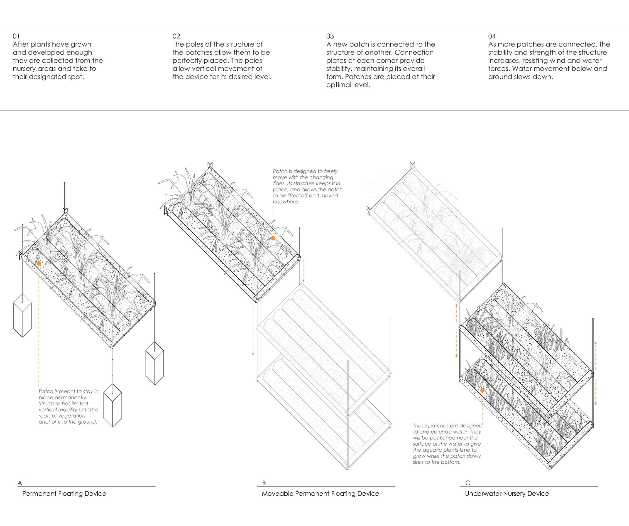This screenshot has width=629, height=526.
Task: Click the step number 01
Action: pos(16,36)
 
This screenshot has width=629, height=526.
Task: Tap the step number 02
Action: pos(176,36)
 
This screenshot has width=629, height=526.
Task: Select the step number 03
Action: pos(330,36)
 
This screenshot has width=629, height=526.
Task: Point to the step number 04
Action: pos(492,36)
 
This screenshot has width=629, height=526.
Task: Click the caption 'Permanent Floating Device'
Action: pos(64,494)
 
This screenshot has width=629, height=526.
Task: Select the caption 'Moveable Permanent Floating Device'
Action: pos(320,494)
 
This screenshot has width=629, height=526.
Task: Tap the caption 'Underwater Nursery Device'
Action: pos(507,494)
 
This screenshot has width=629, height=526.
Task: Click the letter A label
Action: pos(20,483)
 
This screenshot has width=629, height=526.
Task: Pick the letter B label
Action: pos(264,483)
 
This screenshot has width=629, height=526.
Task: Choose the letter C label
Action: pos(468,483)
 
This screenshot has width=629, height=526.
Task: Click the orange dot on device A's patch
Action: pos(39,263)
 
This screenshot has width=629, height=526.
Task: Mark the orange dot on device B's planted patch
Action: pos(273,238)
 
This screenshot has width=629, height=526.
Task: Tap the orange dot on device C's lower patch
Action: pos(482,390)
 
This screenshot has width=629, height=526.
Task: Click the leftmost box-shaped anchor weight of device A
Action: pos(22,316)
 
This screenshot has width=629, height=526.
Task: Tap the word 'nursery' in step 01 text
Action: pos(25,68)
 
